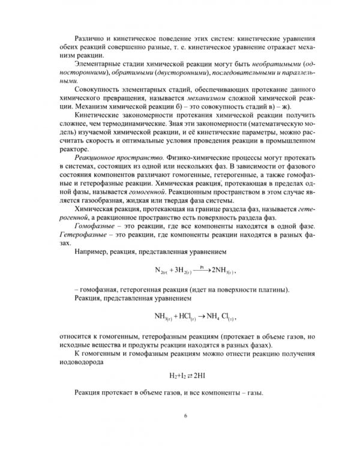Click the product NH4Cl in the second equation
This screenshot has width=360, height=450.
pyautogui.click(x=218, y=315)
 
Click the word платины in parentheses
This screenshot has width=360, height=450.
pyautogui.click(x=272, y=290)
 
